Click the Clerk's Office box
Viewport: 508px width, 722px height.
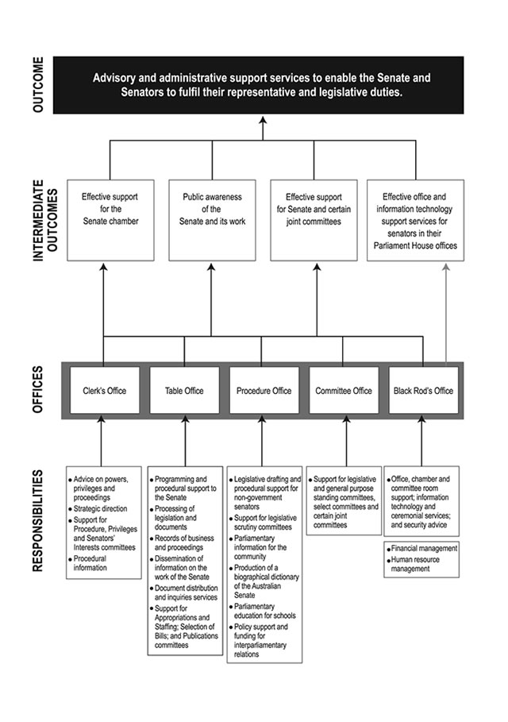click(x=104, y=390)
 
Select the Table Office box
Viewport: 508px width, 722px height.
click(x=184, y=390)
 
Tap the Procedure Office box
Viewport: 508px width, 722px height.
click(x=264, y=390)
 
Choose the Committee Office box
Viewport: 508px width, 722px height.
click(x=343, y=390)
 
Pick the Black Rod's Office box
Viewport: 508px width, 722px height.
click(x=423, y=390)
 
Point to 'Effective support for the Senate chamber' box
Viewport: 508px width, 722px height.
click(x=110, y=221)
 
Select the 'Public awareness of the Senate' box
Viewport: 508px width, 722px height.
click(x=212, y=221)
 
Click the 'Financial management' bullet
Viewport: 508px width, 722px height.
click(x=424, y=548)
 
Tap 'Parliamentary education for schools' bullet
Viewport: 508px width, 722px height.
click(x=264, y=611)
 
